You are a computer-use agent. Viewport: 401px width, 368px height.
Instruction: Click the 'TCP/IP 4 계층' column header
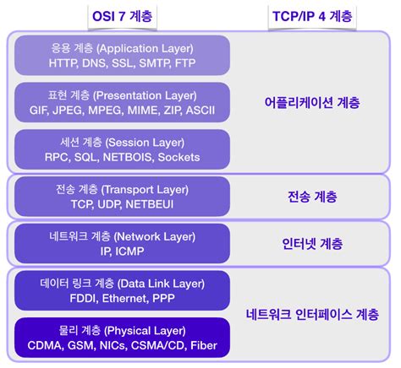point(312,15)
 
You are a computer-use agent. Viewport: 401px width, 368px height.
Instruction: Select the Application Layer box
point(123,56)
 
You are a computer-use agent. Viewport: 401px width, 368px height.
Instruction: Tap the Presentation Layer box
point(123,103)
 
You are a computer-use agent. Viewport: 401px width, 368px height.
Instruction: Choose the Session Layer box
point(123,149)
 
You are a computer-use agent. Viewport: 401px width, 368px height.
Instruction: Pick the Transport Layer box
point(123,197)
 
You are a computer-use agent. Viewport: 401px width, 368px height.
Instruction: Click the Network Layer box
point(123,244)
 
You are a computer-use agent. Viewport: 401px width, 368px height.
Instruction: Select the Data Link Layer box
point(123,290)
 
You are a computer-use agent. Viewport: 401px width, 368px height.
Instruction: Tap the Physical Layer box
point(123,338)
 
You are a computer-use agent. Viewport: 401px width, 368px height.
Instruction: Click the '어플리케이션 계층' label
point(312,103)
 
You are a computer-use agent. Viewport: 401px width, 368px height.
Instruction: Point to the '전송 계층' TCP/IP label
point(312,197)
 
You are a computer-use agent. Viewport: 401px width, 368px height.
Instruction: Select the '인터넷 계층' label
point(312,244)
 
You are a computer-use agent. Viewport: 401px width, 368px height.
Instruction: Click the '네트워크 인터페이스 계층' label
point(312,314)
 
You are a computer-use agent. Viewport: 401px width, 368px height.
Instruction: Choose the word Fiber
point(203,346)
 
